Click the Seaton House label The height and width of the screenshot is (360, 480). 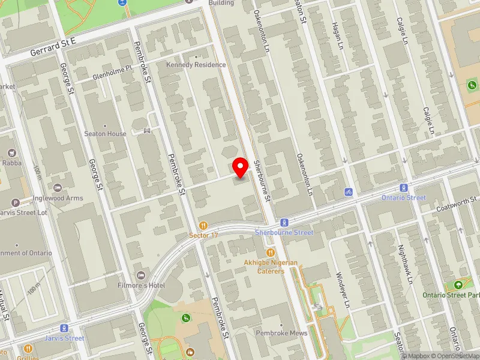(106, 134)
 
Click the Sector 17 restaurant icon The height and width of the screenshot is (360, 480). (203, 226)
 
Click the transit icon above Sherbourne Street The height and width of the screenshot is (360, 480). (284, 222)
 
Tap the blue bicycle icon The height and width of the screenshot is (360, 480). (347, 192)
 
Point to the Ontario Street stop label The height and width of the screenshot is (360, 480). (403, 198)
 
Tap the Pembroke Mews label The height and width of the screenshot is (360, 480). (281, 333)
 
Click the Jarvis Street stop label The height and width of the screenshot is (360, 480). (64, 338)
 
